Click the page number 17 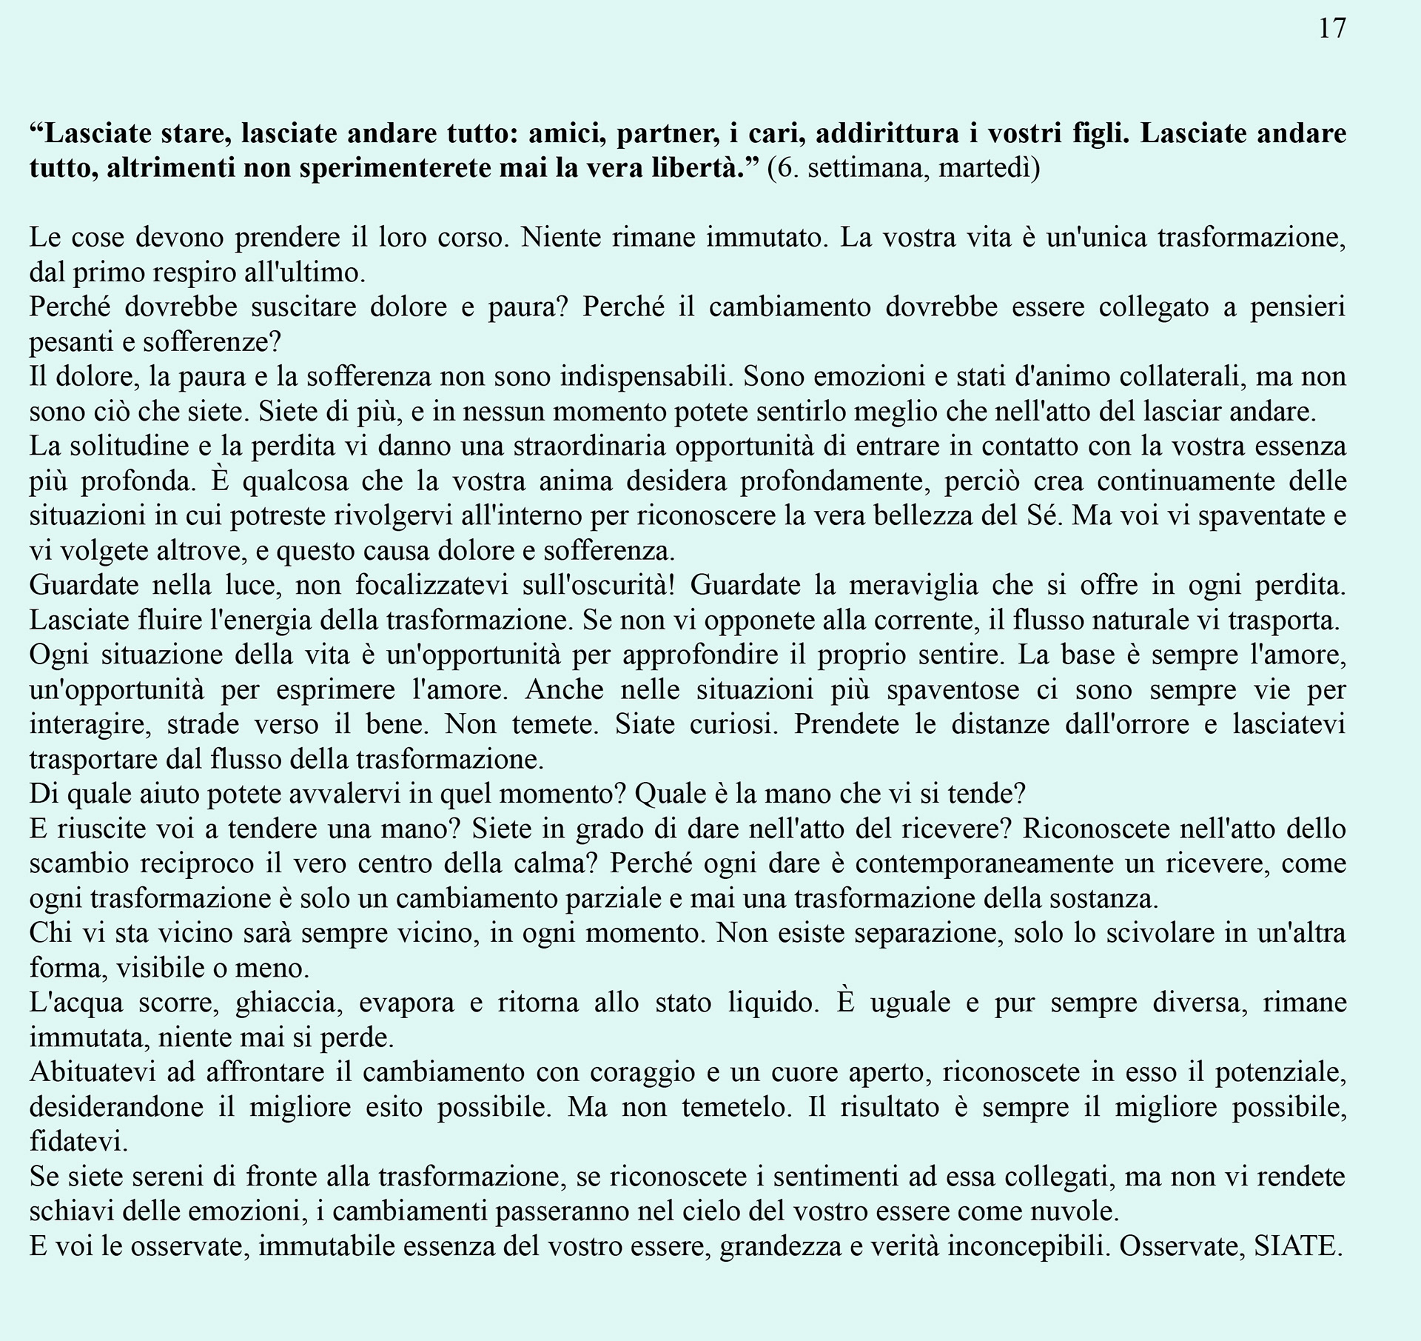(x=1332, y=29)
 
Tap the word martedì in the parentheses (x=989, y=169)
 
